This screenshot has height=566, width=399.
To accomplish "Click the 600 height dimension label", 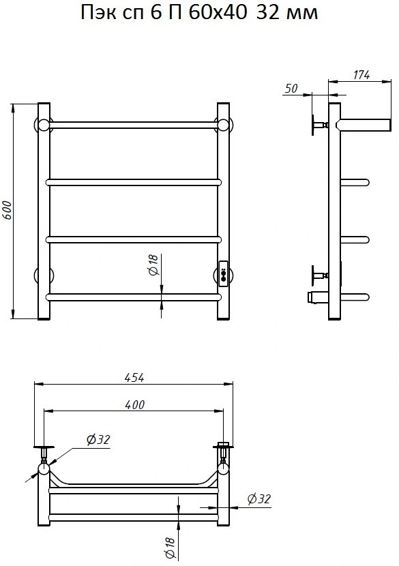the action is (8, 210).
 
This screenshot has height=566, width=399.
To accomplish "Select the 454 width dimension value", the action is (134, 378).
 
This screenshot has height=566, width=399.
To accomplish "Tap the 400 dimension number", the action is (134, 404).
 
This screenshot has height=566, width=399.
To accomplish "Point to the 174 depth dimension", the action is (361, 75).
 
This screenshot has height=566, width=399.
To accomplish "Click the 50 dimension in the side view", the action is (291, 88).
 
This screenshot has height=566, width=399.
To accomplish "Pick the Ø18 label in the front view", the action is (154, 265).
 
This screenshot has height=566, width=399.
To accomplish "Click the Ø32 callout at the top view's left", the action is (98, 439).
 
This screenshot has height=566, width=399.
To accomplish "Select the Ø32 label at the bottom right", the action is (259, 499).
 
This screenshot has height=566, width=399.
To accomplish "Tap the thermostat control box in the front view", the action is (223, 273).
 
